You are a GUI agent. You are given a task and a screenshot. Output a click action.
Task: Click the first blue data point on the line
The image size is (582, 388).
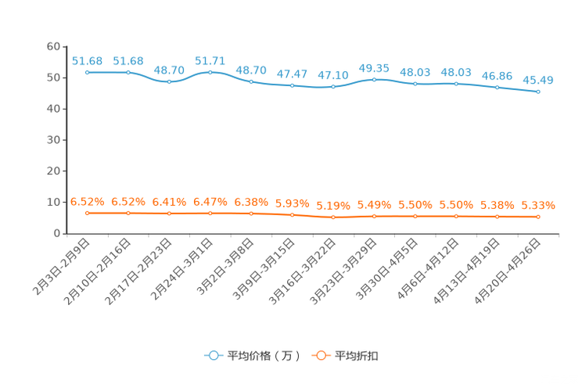click(x=88, y=72)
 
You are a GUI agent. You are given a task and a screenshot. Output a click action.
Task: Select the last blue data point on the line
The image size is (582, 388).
click(x=538, y=92)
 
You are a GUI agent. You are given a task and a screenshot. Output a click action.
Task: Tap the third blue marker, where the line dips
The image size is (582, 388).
click(x=169, y=81)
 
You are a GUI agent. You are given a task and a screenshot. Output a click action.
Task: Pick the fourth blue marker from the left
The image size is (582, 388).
click(x=210, y=72)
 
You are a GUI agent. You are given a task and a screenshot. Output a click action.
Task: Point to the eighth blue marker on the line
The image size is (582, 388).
click(x=375, y=79)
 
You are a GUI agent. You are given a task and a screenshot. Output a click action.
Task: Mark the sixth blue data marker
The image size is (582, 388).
click(x=292, y=84)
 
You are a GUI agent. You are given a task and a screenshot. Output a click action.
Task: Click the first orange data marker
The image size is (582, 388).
click(x=88, y=213)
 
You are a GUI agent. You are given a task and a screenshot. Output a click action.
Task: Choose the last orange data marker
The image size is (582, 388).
click(x=538, y=217)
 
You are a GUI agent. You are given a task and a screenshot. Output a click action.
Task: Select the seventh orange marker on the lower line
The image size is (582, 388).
click(x=333, y=217)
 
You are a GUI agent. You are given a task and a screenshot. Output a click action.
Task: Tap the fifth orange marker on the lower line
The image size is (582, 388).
click(x=251, y=213)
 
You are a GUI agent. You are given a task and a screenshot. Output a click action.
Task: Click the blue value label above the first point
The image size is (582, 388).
click(x=87, y=60)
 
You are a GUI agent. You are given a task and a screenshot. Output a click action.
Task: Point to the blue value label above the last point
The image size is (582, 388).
click(x=538, y=79)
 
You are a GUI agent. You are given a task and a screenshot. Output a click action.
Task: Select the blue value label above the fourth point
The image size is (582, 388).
click(x=210, y=60)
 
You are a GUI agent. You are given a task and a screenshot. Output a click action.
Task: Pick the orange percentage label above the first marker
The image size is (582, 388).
click(x=87, y=201)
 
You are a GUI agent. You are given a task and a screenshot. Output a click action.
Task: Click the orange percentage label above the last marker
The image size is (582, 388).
click(x=538, y=206)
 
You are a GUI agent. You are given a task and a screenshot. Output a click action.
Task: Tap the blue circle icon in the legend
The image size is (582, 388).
click(x=213, y=356)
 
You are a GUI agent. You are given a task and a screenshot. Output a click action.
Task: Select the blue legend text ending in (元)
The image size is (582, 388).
click(x=263, y=356)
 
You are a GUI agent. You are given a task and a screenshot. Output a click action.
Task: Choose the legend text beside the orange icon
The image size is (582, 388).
click(x=357, y=356)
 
